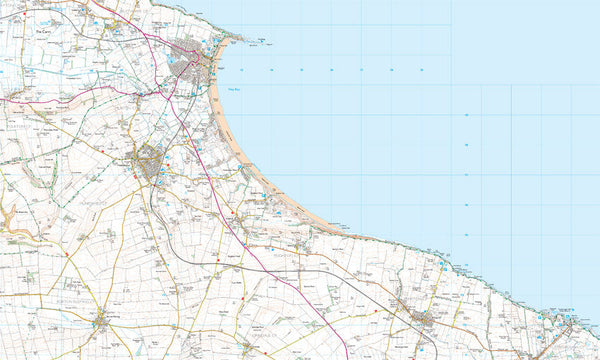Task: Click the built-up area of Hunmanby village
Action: pos(151,164)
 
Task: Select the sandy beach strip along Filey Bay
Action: pos(240,150)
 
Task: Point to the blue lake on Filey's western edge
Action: pos(172,59)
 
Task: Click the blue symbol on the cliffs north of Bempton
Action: pos(441,264)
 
